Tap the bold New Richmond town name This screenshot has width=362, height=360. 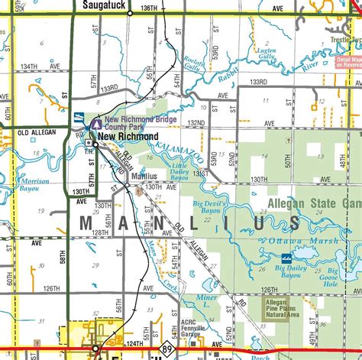click(127, 136)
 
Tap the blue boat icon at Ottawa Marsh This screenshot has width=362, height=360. click(285, 258)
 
